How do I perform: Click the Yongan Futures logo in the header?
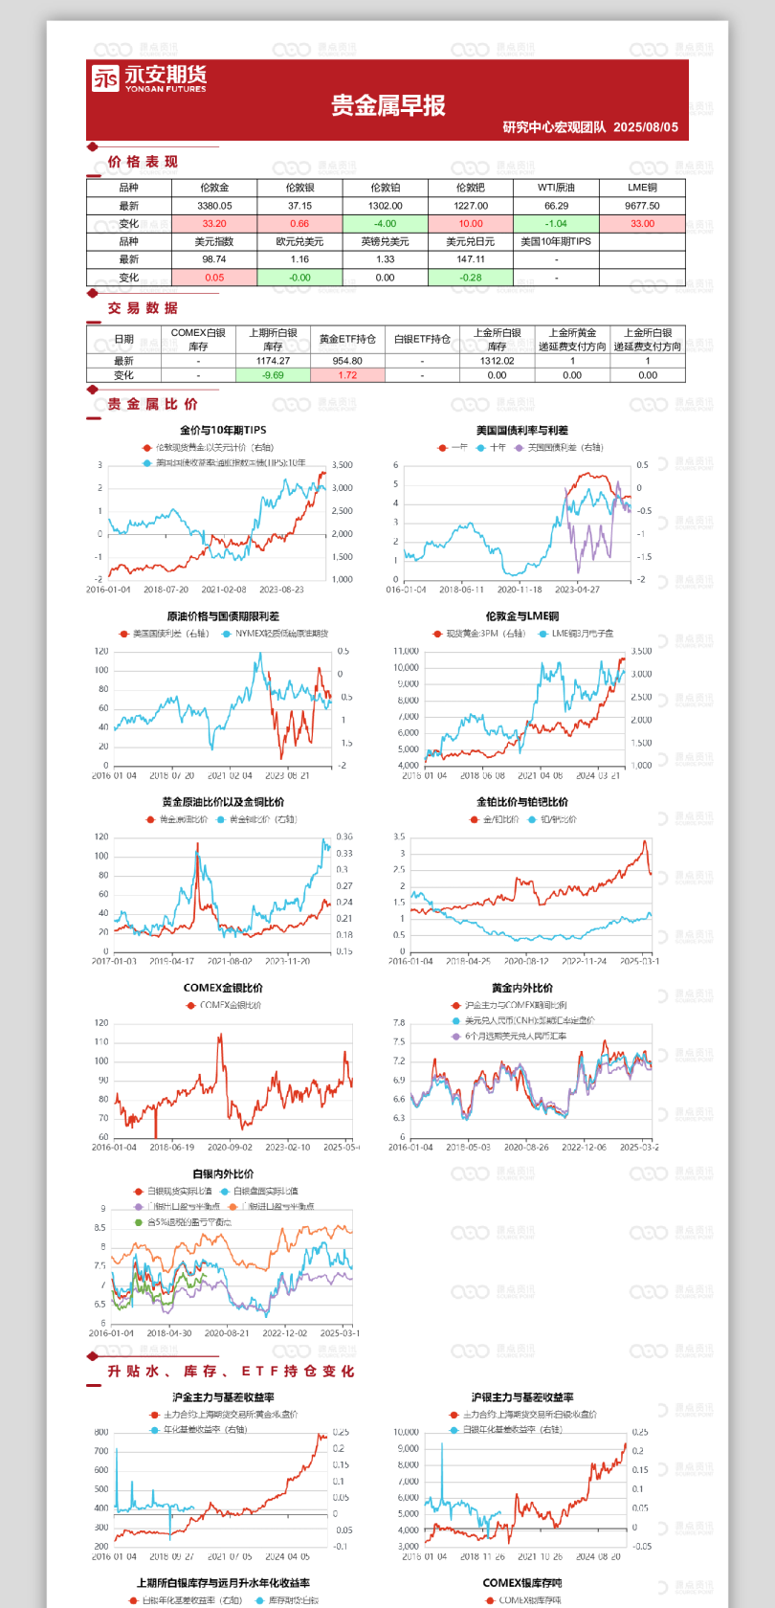[148, 78]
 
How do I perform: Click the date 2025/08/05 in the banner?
[646, 127]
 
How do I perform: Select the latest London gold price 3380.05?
[214, 206]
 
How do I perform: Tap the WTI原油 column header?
[556, 188]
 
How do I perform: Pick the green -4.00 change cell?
[385, 224]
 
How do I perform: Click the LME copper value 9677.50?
[642, 206]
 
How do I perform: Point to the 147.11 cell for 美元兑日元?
[471, 259]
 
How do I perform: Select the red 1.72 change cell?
[347, 375]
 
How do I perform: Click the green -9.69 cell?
[273, 375]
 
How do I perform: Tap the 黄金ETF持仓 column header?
[347, 339]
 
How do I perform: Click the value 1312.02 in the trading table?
[497, 361]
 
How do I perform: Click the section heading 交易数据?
[143, 308]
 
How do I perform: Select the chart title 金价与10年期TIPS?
[223, 431]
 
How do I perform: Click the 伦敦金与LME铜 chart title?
[521, 616]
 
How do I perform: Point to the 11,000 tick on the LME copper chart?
[407, 651]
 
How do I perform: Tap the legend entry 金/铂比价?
[500, 820]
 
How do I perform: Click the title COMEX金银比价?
[223, 988]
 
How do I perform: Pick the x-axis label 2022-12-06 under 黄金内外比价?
[584, 1147]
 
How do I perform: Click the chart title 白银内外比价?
[223, 1173]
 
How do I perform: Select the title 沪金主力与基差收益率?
[223, 1397]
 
